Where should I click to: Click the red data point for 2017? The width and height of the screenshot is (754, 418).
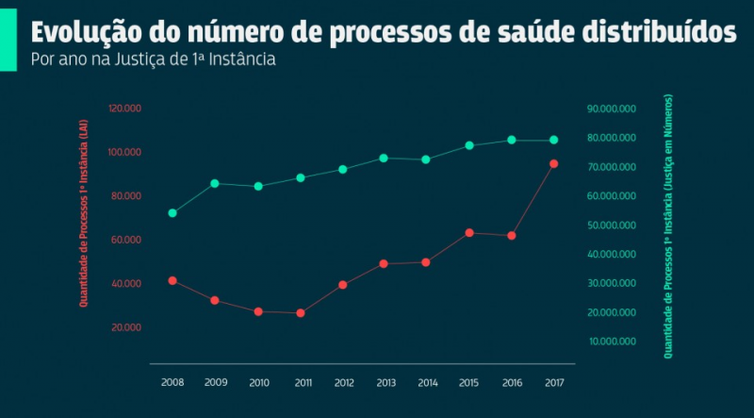click(x=554, y=164)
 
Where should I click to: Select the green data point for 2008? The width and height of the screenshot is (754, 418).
click(x=172, y=213)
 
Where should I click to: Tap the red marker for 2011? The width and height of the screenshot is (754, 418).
click(x=301, y=312)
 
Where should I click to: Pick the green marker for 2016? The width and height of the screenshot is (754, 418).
click(x=512, y=140)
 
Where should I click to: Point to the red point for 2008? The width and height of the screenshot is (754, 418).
click(x=172, y=280)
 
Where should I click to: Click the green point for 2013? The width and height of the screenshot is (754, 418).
click(x=384, y=158)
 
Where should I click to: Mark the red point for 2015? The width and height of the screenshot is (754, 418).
click(x=469, y=232)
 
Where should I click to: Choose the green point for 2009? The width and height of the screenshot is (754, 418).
click(x=215, y=183)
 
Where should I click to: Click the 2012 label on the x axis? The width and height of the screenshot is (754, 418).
click(x=343, y=382)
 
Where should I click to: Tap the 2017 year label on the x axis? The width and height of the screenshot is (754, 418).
click(x=554, y=382)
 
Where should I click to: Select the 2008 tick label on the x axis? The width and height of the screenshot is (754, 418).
click(x=172, y=382)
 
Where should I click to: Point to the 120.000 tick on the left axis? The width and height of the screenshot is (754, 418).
click(x=124, y=109)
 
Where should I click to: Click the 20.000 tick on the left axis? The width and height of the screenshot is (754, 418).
click(x=126, y=326)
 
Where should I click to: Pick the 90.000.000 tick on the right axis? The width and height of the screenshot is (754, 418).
click(x=613, y=109)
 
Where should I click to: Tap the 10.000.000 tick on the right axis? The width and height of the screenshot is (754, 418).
click(x=613, y=341)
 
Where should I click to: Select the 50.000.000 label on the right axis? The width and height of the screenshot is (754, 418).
click(x=613, y=225)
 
